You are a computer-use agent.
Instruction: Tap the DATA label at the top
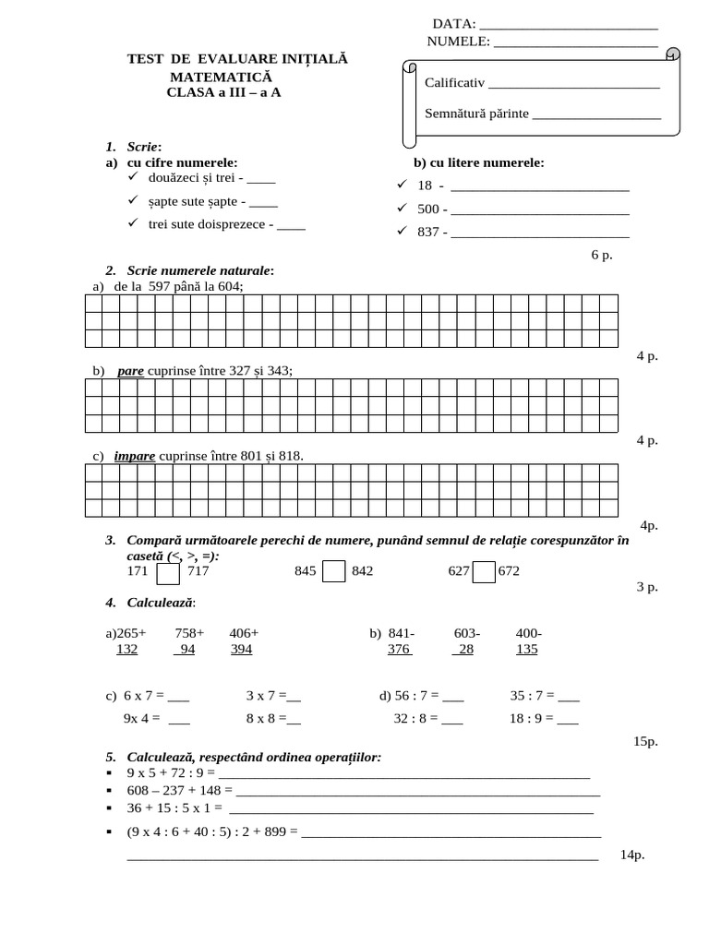[454, 23]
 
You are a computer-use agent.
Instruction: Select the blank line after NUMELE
[576, 42]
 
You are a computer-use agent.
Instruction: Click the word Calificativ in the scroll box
[454, 83]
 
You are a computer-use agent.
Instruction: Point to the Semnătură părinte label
[476, 114]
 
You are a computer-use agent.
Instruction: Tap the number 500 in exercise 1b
[427, 209]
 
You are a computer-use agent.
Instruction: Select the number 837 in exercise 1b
[427, 232]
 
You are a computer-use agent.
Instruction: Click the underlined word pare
[131, 371]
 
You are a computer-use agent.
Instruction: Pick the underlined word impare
[135, 456]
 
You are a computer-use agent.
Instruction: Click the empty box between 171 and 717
[168, 572]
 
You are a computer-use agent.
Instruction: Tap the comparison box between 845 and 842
[335, 572]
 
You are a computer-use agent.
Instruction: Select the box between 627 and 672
[484, 572]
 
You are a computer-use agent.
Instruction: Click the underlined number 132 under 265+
[126, 649]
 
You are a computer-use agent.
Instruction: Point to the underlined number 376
[399, 649]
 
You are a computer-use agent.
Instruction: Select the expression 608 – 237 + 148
[174, 790]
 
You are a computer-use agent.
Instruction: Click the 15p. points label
[646, 740]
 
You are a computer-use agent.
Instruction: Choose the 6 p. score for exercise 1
[601, 254]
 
